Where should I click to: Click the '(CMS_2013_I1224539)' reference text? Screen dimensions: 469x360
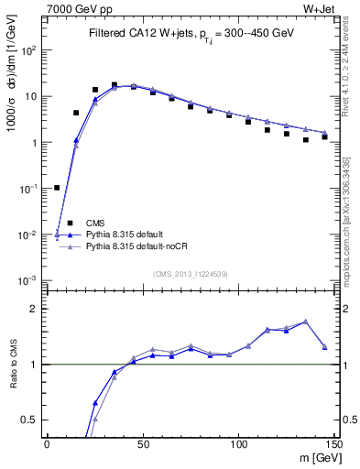tap(190, 273)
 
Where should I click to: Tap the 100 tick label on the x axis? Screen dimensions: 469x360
tap(238, 444)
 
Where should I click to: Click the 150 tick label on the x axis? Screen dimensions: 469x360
tap(333, 444)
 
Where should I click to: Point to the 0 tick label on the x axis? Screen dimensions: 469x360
tap(47, 444)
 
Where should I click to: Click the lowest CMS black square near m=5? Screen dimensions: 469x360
tap(57, 188)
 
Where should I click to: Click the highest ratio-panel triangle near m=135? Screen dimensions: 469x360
tap(306, 322)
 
